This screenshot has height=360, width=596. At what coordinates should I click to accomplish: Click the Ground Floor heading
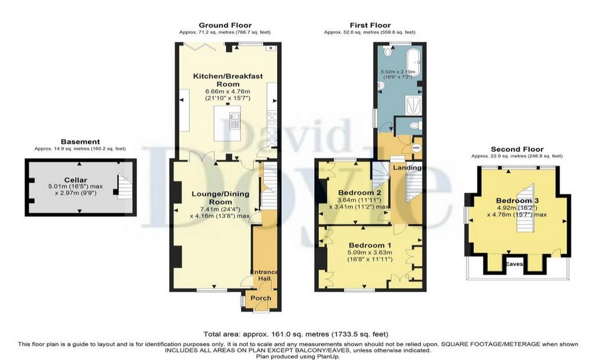[x=225, y=25]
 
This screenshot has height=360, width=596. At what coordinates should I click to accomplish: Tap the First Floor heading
[x=370, y=25]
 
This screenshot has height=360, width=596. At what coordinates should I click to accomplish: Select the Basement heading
[x=80, y=142]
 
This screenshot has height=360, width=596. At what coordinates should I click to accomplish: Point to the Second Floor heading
[x=517, y=149]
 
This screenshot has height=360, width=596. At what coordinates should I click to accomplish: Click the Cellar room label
[x=76, y=180]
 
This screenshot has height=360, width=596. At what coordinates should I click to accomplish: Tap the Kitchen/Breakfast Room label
[x=228, y=80]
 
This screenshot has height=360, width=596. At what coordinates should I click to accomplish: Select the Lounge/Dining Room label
[x=221, y=198]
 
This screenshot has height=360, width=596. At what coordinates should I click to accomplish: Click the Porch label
[x=261, y=298]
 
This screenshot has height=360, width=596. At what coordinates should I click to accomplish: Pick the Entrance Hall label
[x=264, y=275]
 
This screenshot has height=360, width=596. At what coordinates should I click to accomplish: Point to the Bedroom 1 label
[x=370, y=245]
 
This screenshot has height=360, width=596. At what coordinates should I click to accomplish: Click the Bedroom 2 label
[x=360, y=192]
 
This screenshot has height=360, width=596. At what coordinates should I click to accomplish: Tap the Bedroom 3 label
[x=517, y=201]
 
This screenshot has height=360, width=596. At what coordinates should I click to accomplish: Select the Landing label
[x=407, y=167]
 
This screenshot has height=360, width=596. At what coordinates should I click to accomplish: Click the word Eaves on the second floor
[x=514, y=264]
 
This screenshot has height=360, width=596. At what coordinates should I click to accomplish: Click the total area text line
[x=296, y=334]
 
